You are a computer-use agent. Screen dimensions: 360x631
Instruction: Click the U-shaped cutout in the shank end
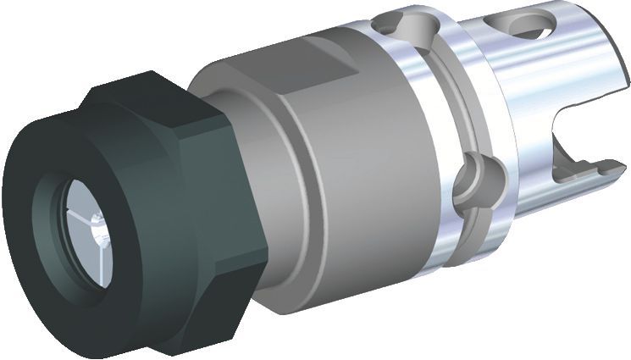pos(584,148)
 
